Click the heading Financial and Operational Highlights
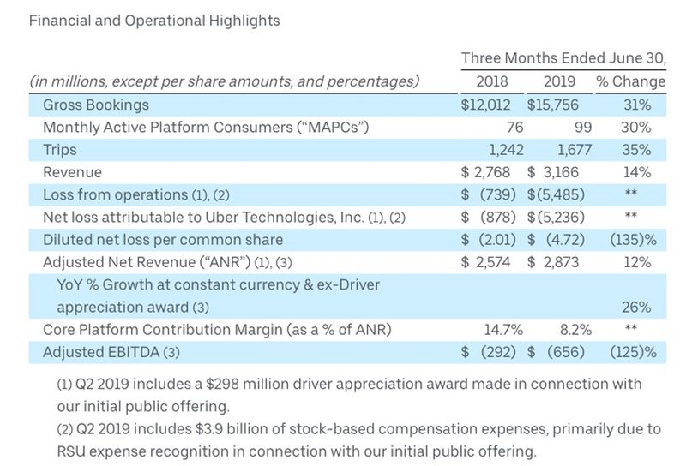(154, 20)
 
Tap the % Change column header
(630, 82)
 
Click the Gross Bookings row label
(96, 105)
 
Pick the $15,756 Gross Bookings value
(560, 105)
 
